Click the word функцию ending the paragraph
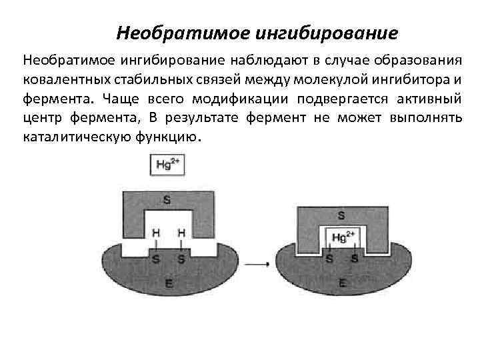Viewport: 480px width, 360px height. pos(166,138)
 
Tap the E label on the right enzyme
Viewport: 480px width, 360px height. pos(343,283)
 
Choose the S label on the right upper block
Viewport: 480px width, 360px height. pos(342,215)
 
